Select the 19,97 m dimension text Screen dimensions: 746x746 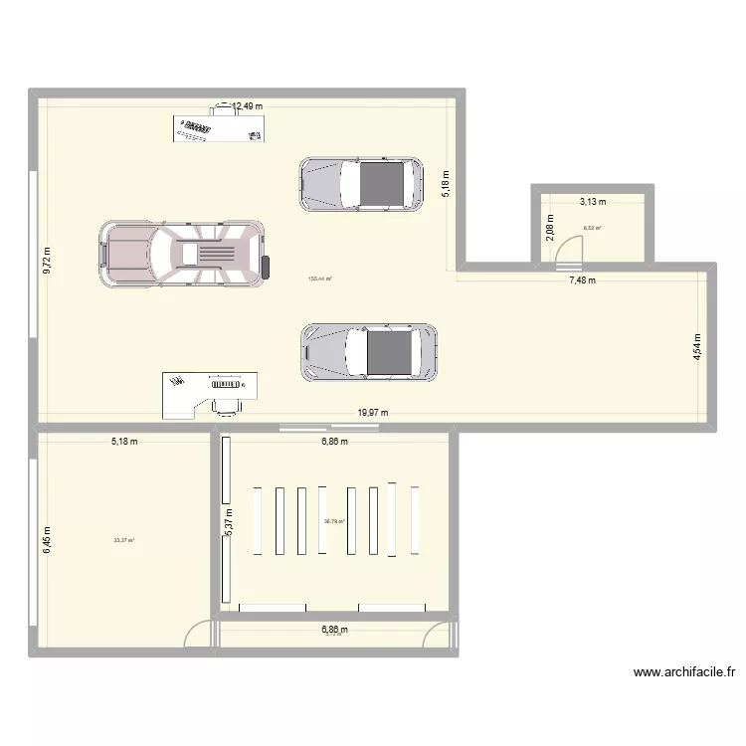click(x=373, y=413)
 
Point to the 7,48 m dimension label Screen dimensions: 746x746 click(x=582, y=280)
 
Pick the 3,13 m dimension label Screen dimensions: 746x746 click(x=593, y=202)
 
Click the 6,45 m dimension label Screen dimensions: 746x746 click(x=47, y=541)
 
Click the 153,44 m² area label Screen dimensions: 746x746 click(x=321, y=280)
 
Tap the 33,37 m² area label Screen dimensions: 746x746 click(x=124, y=541)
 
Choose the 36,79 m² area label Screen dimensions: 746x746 click(x=334, y=521)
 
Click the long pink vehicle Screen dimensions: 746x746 click(x=184, y=255)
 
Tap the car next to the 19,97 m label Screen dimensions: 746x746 click(x=369, y=351)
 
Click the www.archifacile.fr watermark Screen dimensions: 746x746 click(x=683, y=672)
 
